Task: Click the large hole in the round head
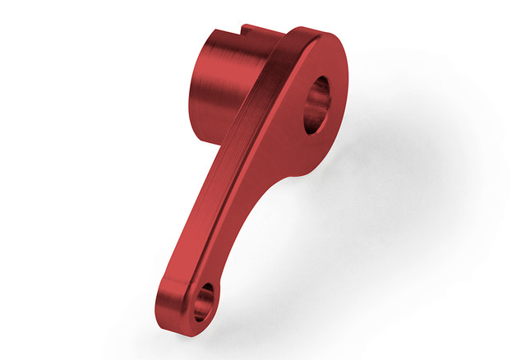click(x=319, y=104)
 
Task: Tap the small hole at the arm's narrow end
click(x=204, y=301)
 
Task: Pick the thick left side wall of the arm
click(x=197, y=214)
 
